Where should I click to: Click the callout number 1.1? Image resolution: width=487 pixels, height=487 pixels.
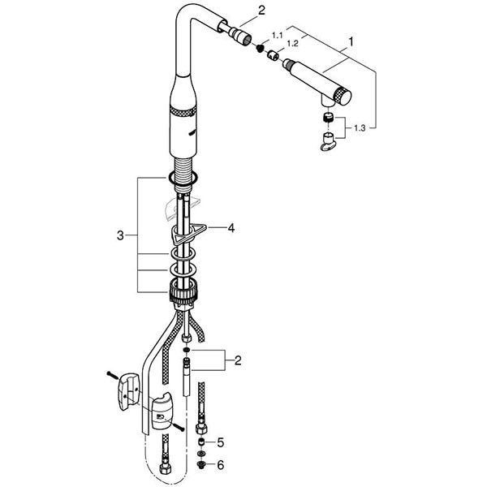pos(277,36)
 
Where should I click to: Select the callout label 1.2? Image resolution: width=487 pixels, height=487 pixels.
pos(292,44)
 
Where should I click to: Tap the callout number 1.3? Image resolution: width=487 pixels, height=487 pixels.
pos(360,128)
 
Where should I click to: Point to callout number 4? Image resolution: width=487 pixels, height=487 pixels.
pos(231,228)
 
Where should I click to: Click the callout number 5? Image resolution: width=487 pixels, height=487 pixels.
pos(220,442)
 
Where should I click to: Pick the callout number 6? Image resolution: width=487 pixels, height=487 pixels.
pos(220,465)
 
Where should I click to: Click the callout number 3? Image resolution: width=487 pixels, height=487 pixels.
pos(120,235)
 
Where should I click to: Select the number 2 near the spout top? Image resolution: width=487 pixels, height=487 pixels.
pos(262,11)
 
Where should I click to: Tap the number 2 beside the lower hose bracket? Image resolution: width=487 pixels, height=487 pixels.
pos(238,360)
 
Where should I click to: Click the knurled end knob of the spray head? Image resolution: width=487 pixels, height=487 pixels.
pos(342,97)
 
